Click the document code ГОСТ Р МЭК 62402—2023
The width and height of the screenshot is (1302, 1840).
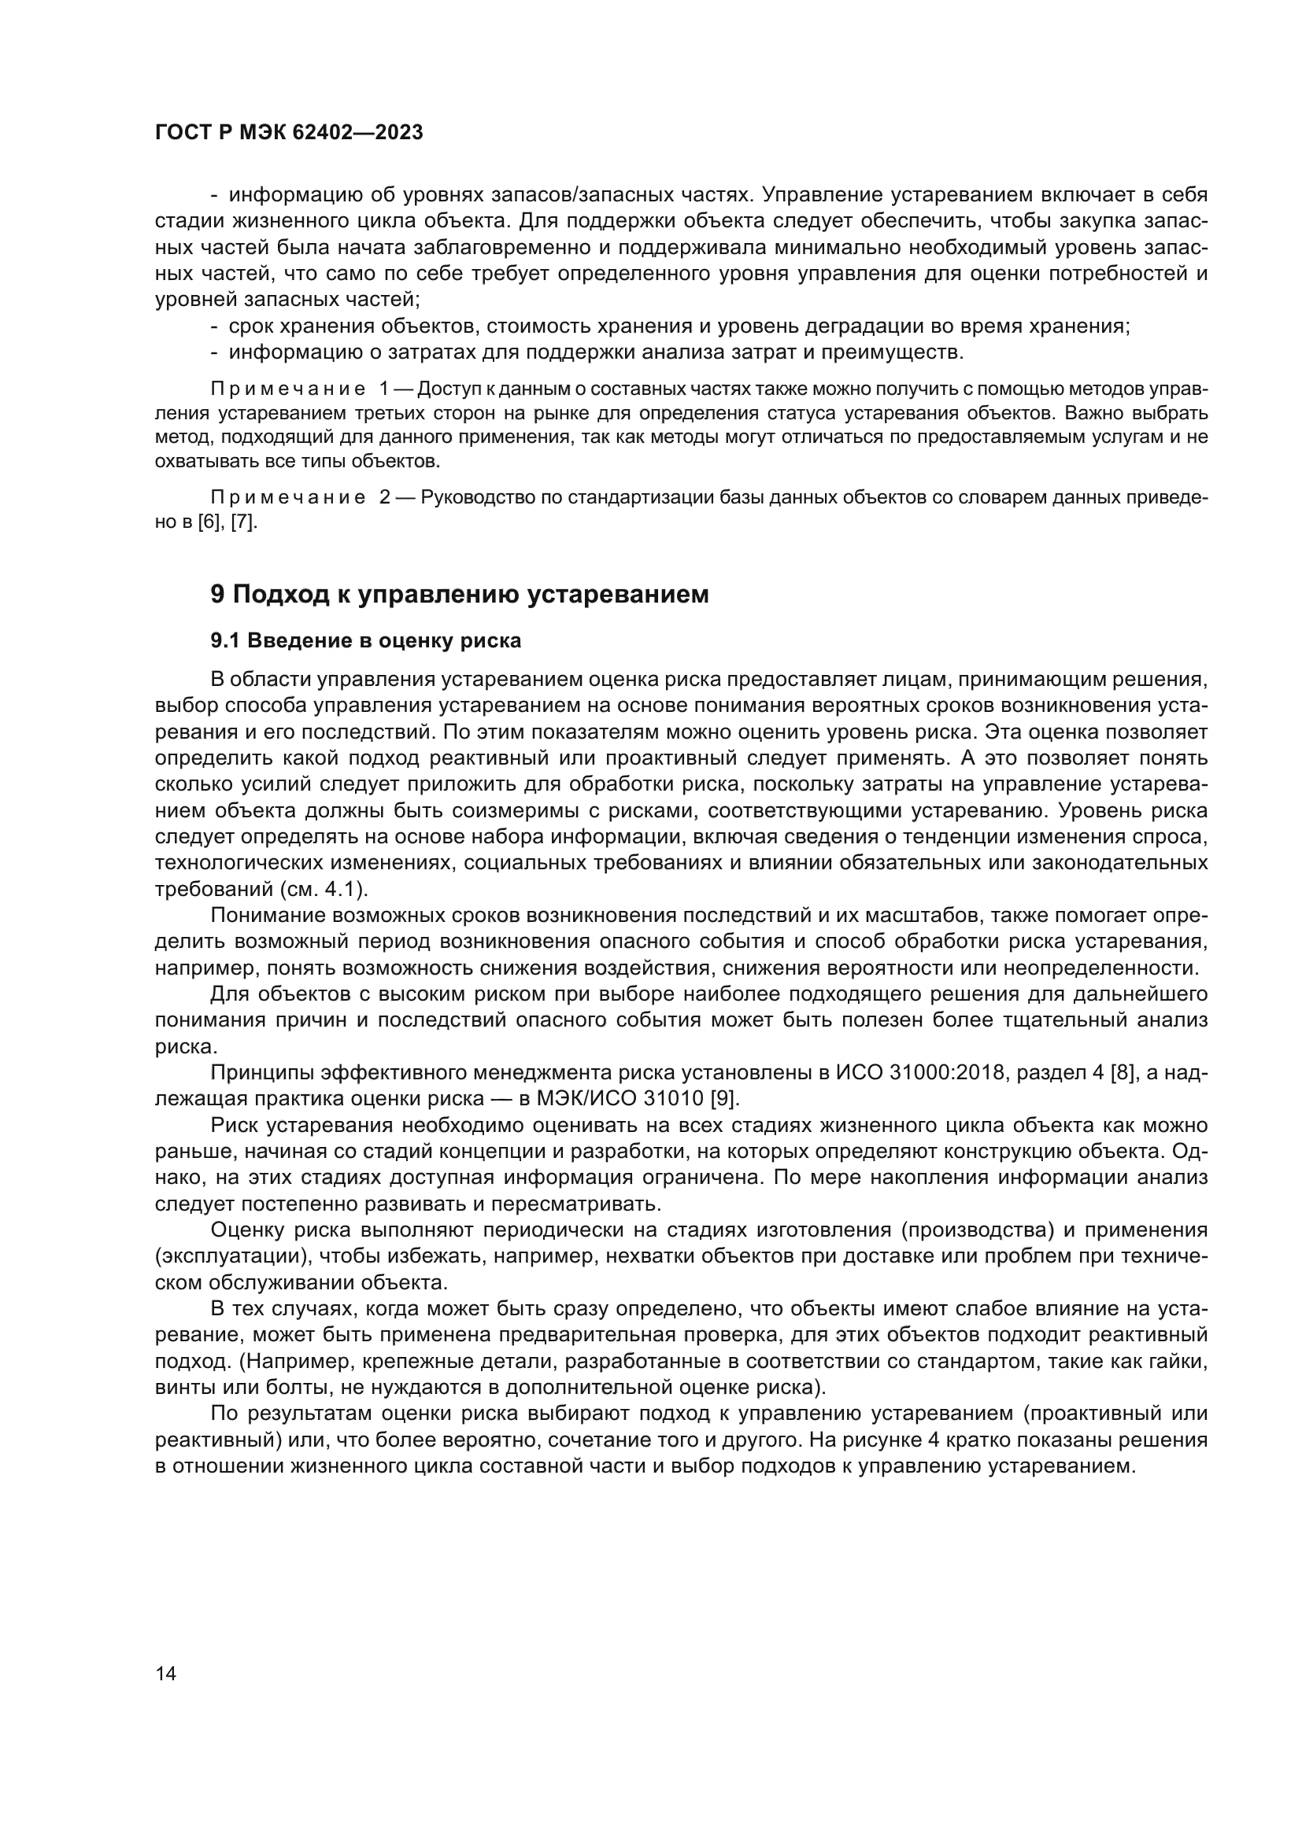click(289, 133)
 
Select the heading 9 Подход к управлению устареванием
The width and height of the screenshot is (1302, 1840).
click(460, 594)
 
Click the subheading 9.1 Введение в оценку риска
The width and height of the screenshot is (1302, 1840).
click(365, 640)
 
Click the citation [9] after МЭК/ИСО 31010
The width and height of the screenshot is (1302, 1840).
click(726, 1098)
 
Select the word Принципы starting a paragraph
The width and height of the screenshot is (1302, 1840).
click(261, 1072)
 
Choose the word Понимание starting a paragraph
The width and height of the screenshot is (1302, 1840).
click(267, 915)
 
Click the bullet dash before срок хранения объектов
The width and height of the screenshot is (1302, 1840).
click(214, 326)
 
